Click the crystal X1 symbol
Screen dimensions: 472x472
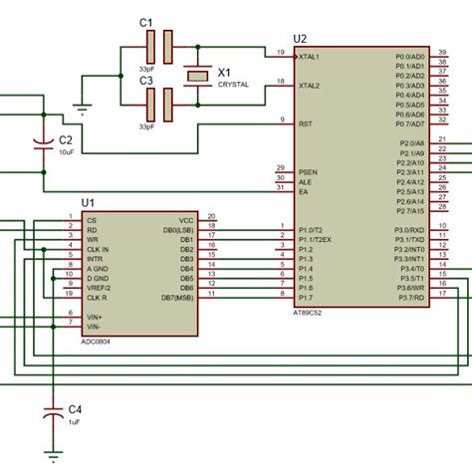click(198, 74)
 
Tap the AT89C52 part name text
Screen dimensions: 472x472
click(314, 311)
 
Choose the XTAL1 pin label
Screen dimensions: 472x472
click(309, 57)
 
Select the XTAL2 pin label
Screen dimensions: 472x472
click(309, 86)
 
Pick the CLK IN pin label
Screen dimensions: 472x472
click(99, 248)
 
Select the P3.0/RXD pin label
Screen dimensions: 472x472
click(410, 229)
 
